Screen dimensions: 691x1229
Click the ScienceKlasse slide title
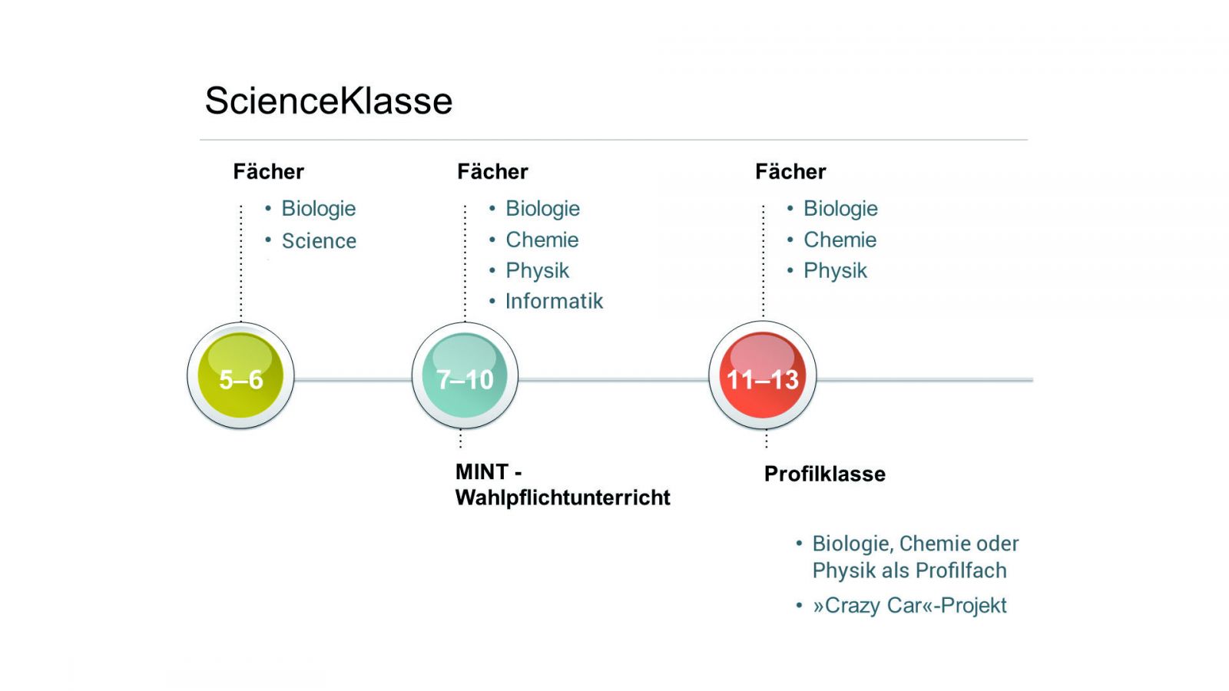click(x=329, y=101)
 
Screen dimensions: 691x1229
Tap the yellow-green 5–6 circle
click(x=240, y=376)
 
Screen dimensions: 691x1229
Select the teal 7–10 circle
click(x=465, y=376)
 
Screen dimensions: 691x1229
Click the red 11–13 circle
click(x=763, y=376)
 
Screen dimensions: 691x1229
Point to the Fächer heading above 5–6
click(x=268, y=171)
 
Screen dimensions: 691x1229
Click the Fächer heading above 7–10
click(x=492, y=171)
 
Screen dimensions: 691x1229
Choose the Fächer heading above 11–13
click(x=790, y=171)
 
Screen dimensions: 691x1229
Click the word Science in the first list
click(x=319, y=241)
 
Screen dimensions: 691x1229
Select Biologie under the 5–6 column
click(x=318, y=209)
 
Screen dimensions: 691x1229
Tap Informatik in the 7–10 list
click(x=554, y=301)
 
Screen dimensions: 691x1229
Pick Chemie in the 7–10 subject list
click(x=542, y=240)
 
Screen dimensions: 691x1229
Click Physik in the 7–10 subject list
click(x=537, y=270)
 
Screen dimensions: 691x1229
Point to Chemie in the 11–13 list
click(x=840, y=240)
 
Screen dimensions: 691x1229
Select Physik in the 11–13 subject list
click(x=835, y=270)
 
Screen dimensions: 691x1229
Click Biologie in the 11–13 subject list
click(x=840, y=209)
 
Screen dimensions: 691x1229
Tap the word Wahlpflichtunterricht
click(x=562, y=498)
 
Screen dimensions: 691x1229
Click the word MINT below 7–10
click(x=482, y=471)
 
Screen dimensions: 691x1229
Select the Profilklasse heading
click(x=824, y=474)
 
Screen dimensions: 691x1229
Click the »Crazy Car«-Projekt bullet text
click(x=909, y=606)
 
